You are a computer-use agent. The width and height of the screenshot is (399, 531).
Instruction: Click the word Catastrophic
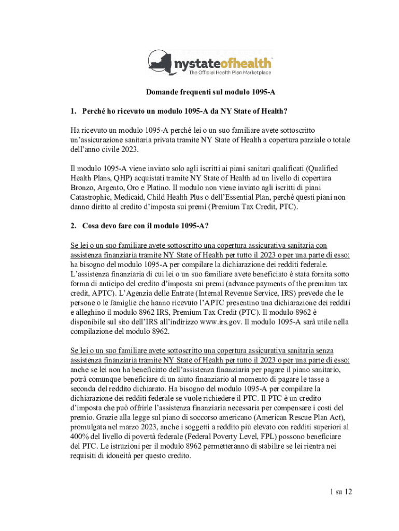pyautogui.click(x=93, y=197)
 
